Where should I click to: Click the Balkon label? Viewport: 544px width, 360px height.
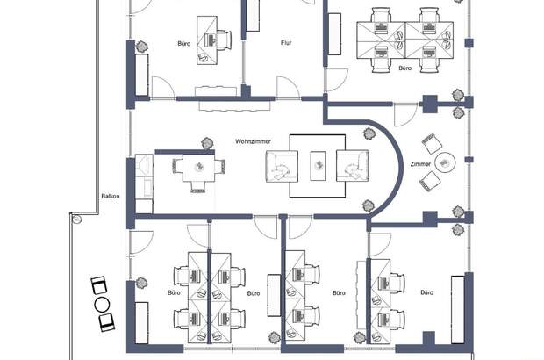click(111, 196)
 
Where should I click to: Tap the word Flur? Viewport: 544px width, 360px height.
click(286, 43)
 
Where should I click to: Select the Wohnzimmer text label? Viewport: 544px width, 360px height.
click(253, 141)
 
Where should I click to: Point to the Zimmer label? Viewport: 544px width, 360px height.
click(420, 164)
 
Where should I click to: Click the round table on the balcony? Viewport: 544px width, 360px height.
click(102, 305)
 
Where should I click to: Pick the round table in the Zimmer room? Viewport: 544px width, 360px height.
click(445, 162)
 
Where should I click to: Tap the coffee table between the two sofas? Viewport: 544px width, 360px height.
click(319, 166)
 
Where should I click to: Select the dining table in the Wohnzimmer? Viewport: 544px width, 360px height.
click(199, 169)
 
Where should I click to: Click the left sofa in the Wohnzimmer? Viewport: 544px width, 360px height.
click(282, 166)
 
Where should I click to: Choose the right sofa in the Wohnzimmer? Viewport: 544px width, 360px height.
click(352, 166)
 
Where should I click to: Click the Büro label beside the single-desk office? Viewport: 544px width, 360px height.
click(184, 44)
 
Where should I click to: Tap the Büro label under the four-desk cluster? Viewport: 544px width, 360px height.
click(404, 68)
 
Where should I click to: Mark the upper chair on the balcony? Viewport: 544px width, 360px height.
click(98, 285)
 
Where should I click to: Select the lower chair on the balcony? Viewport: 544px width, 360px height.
click(107, 322)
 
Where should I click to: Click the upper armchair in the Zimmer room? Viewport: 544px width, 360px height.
click(432, 143)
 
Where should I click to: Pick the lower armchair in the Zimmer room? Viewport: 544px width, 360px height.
click(430, 182)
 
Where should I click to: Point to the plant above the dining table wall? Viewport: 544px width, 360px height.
click(207, 143)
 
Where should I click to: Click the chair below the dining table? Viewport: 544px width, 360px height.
click(199, 188)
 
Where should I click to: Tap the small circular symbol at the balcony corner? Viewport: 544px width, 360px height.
click(76, 220)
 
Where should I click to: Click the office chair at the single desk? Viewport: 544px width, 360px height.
click(224, 40)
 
